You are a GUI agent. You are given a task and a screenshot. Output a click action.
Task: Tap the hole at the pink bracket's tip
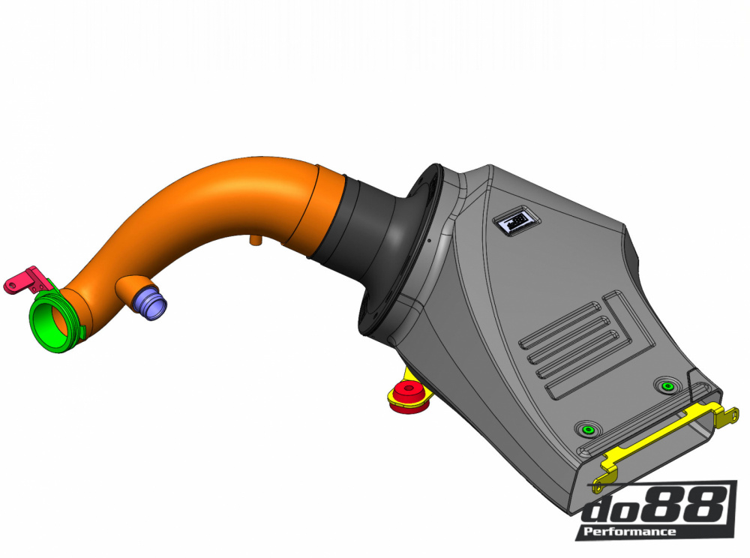point(10,284)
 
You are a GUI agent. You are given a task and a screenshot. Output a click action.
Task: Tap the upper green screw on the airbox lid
point(664,385)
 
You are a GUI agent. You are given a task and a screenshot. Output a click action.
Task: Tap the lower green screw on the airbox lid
point(586,430)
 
